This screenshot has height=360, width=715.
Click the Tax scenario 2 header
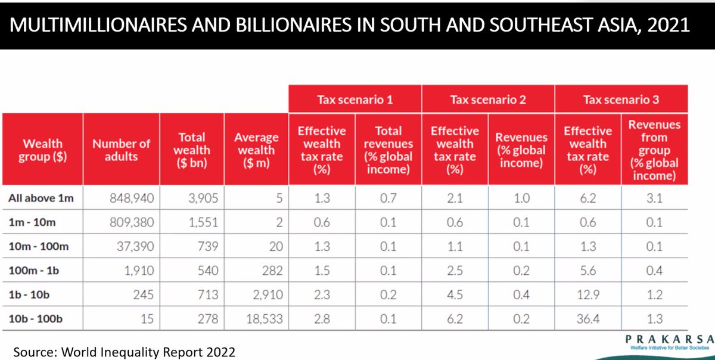tap(488, 100)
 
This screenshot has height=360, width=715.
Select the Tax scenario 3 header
tap(621, 100)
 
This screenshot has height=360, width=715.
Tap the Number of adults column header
tap(122, 150)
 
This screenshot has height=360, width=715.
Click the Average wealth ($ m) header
tap(256, 150)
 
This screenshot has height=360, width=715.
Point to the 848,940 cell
tap(132, 198)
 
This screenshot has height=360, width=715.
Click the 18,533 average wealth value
tap(265, 319)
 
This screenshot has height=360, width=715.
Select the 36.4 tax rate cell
tap(588, 319)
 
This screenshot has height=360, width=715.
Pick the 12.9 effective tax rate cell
tap(588, 294)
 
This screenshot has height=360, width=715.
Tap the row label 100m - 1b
tap(34, 271)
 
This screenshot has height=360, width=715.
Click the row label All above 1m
tap(41, 198)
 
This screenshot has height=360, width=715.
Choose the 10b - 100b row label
tap(35, 319)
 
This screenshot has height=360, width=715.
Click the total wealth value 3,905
tap(203, 198)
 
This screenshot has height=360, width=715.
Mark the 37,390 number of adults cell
tap(135, 246)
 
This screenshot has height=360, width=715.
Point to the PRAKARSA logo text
tap(670, 339)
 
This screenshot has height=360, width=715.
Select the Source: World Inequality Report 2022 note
tap(124, 352)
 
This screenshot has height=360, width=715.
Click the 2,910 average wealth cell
tap(268, 294)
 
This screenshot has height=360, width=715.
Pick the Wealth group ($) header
tap(42, 150)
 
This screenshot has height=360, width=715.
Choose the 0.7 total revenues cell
tap(388, 198)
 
